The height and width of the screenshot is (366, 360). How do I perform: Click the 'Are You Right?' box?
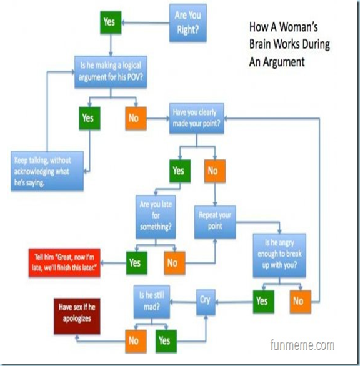point(188,23)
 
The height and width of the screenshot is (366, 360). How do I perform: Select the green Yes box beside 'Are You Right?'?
point(111,22)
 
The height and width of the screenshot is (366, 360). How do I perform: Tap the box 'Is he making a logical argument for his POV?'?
point(111,72)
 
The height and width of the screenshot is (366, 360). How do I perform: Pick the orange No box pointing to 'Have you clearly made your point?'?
point(136,118)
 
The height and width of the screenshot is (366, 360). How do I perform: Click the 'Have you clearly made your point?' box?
point(196,118)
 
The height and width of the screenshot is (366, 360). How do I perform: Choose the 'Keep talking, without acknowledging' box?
point(47,171)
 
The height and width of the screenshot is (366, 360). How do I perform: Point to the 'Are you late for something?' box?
point(156,217)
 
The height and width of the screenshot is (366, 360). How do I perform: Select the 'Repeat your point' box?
point(215,222)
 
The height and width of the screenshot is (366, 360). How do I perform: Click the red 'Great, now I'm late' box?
point(64,263)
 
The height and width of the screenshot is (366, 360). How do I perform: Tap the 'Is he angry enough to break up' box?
point(279,255)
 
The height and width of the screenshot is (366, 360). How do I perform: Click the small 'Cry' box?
point(206,302)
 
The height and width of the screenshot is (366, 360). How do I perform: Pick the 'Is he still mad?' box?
point(152,302)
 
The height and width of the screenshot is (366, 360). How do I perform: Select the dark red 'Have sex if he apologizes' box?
point(77,316)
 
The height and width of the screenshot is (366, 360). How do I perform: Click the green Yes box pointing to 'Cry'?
point(264,301)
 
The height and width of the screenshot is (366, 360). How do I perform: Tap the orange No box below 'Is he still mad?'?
point(136,341)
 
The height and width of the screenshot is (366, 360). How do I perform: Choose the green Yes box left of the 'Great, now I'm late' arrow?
point(137,263)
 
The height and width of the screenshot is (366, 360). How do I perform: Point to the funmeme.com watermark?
point(302,345)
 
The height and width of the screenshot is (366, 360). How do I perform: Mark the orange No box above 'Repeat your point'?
point(215,171)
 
